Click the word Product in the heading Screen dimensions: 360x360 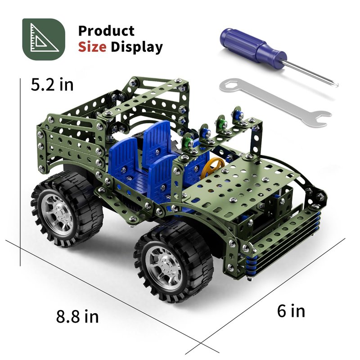pyautogui.click(x=106, y=31)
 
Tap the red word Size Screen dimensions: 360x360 pyautogui.click(x=92, y=47)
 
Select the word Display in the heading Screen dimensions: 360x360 pyautogui.click(x=137, y=48)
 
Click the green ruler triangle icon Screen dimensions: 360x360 pyautogui.click(x=44, y=39)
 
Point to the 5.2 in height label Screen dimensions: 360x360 pyautogui.click(x=52, y=85)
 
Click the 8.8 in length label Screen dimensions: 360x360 pyautogui.click(x=77, y=316)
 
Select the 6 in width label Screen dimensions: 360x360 pyautogui.click(x=291, y=311)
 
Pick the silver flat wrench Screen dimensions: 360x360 pyautogui.click(x=275, y=102)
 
